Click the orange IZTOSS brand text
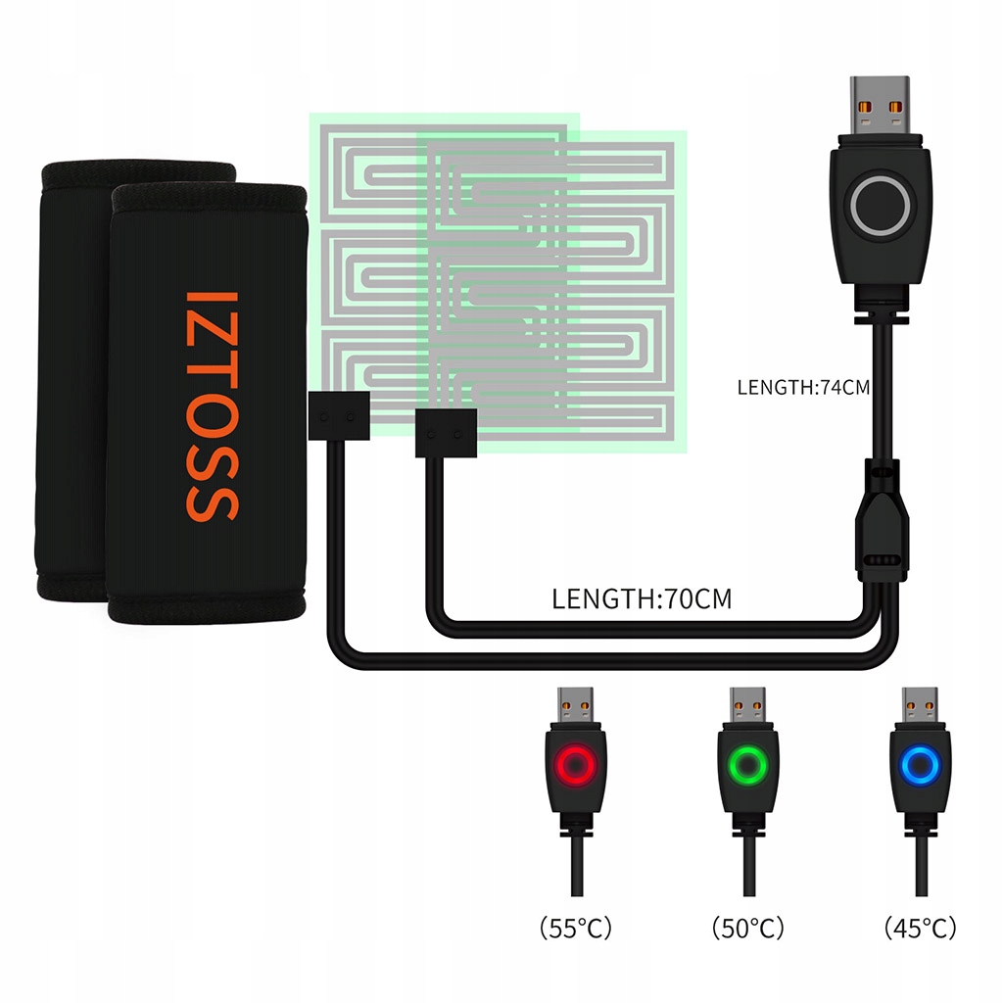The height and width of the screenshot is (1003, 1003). [211, 405]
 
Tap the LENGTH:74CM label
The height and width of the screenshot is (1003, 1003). [803, 388]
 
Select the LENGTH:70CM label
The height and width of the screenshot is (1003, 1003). [642, 598]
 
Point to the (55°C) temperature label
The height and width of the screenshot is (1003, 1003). [575, 927]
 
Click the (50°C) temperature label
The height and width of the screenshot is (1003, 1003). [748, 927]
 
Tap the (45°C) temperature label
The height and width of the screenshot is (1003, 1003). [920, 927]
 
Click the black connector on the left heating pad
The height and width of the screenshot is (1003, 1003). [338, 413]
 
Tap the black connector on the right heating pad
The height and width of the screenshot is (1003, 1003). [445, 433]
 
